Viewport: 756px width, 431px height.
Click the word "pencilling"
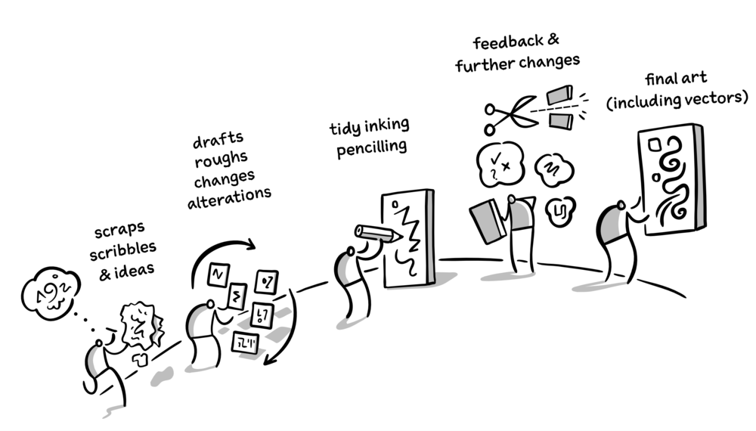click(362, 147)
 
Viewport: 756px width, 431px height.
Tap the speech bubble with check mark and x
click(497, 162)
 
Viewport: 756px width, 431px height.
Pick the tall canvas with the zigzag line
click(407, 238)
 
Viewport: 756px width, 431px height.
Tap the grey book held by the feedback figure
click(488, 220)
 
